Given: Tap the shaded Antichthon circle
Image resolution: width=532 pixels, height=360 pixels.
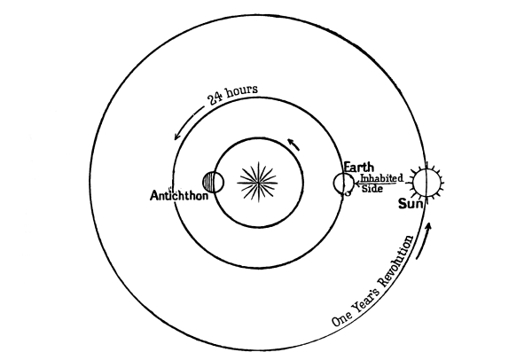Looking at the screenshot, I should pyautogui.click(x=213, y=183).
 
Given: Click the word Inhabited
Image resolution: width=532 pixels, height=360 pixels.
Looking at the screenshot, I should pyautogui.click(x=382, y=179).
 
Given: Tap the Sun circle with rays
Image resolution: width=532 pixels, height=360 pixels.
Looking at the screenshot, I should pyautogui.click(x=425, y=183).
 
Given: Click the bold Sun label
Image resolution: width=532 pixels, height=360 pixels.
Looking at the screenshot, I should pyautogui.click(x=413, y=204).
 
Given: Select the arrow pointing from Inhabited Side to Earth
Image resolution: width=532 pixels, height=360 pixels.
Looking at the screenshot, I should pyautogui.click(x=358, y=185).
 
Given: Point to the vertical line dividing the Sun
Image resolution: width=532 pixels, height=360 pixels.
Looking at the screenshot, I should pyautogui.click(x=425, y=183).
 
